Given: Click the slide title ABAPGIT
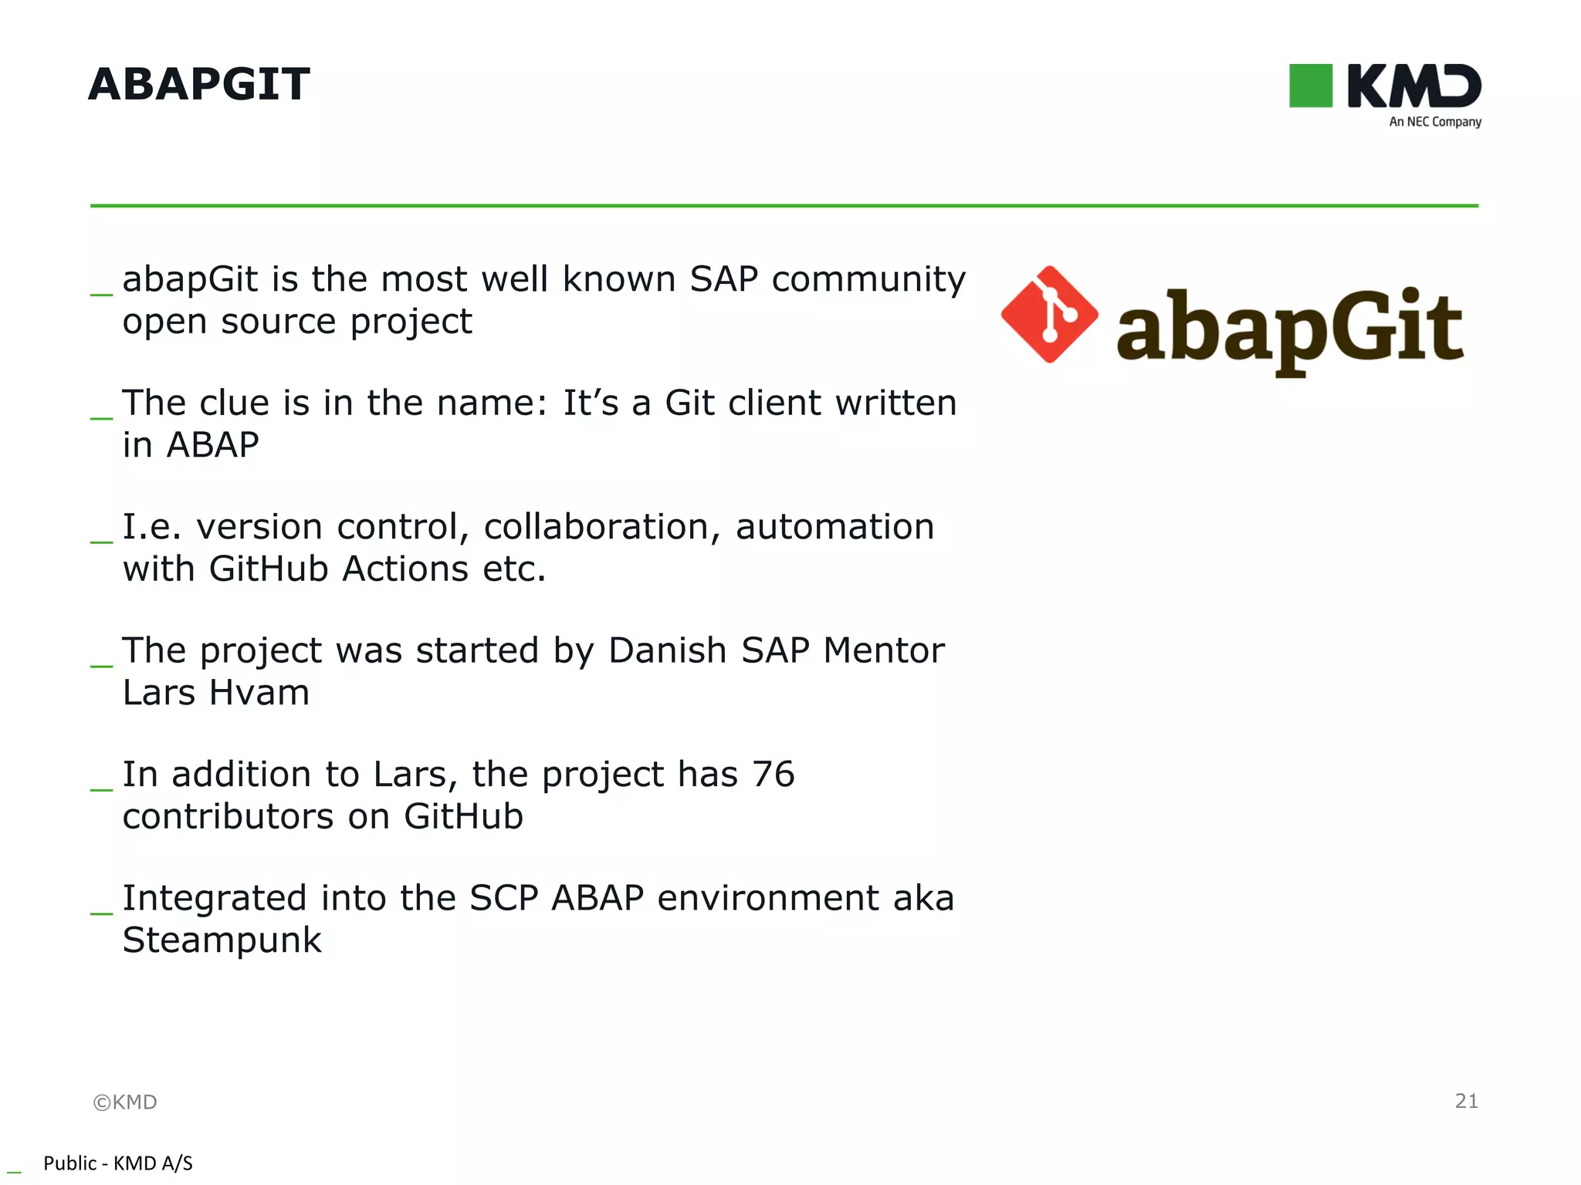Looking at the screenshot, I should click(199, 84).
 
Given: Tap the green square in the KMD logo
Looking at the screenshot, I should click(1310, 86).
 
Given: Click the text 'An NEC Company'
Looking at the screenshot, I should click(1434, 122).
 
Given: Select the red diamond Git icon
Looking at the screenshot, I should click(1049, 315).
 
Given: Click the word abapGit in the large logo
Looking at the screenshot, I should click(1289, 328).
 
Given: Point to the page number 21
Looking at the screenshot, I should click(1466, 1101).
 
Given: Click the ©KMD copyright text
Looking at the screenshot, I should click(125, 1102).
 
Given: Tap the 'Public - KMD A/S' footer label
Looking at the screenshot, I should click(117, 1163).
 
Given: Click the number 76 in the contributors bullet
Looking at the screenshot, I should click(773, 775).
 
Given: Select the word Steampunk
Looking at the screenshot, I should click(222, 940).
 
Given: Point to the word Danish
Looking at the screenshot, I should click(668, 650).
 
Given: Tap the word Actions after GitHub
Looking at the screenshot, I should click(405, 569).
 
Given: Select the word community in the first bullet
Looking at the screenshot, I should click(868, 279).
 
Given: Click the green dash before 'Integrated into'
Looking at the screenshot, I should click(101, 913).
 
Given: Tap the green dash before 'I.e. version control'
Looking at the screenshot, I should click(101, 542).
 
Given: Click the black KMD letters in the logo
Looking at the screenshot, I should click(1413, 86).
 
